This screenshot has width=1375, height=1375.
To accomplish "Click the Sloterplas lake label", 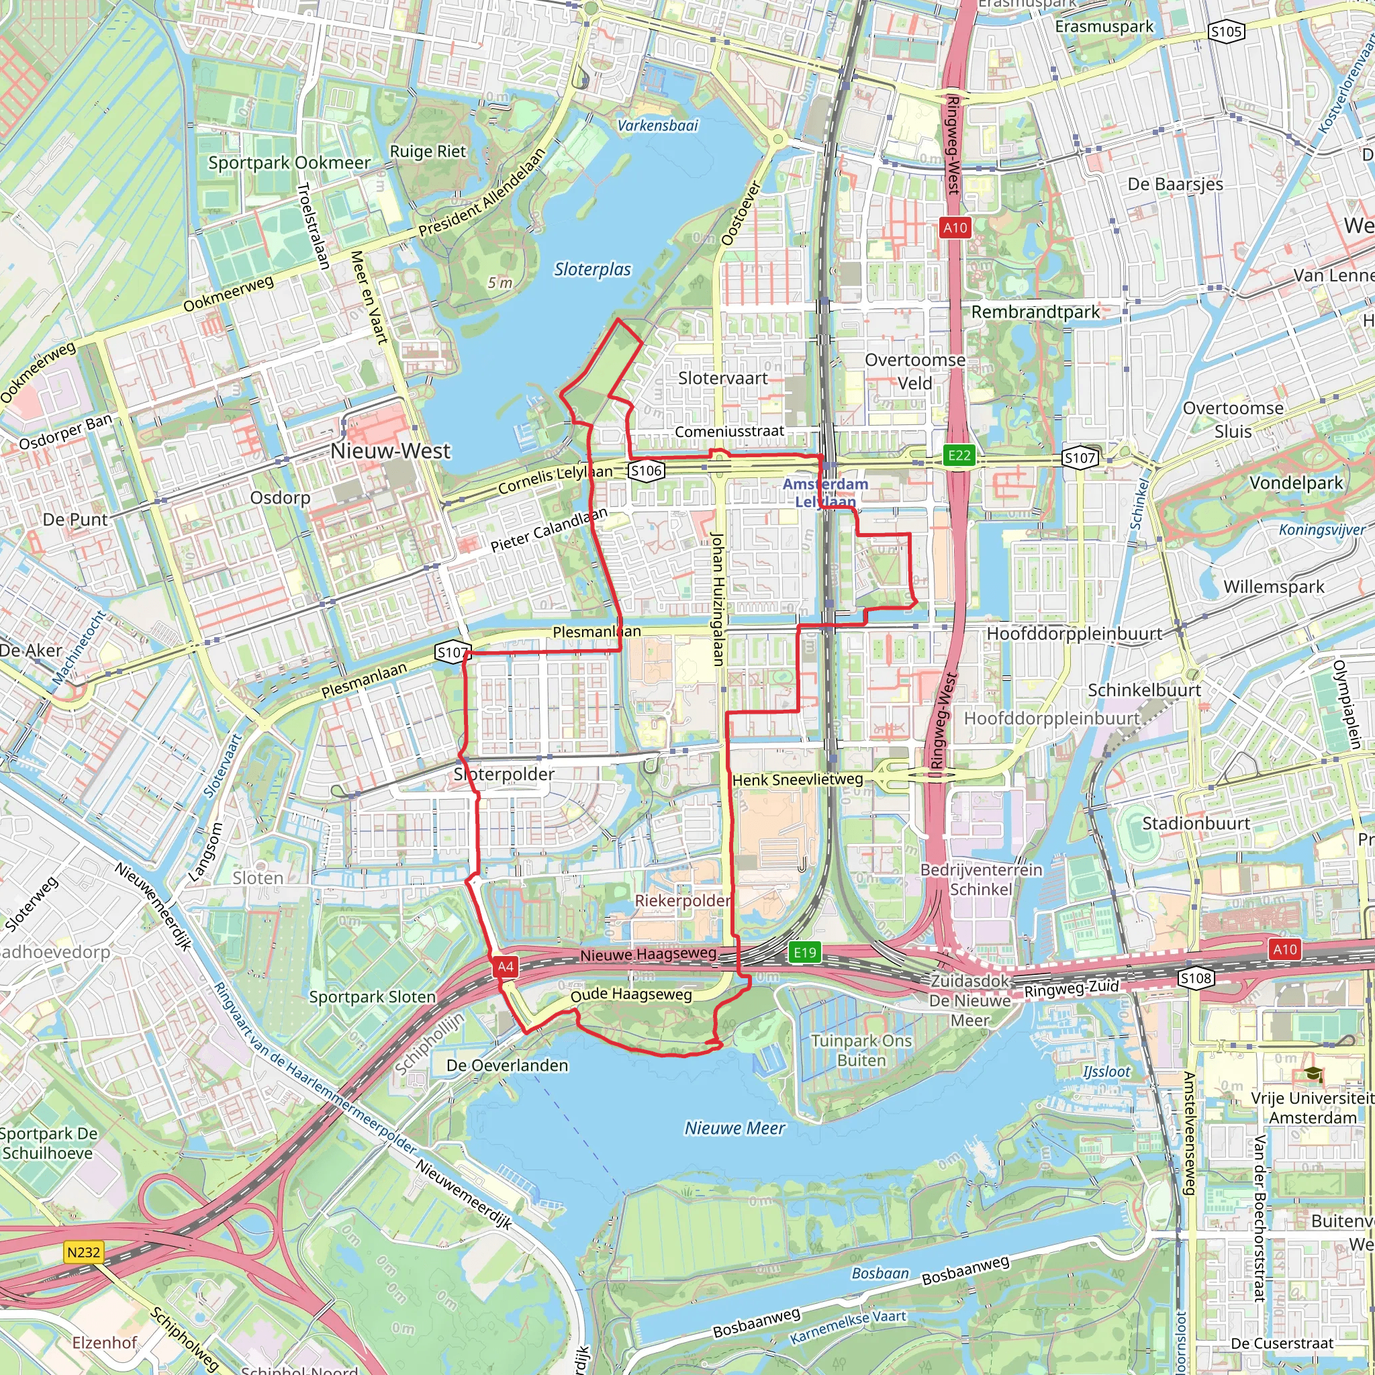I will pos(592,269).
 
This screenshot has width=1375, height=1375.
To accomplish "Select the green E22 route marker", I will pos(959,455).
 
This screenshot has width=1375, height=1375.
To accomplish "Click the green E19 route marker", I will pos(805,952).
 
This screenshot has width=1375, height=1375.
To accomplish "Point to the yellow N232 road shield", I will pos(83,1252).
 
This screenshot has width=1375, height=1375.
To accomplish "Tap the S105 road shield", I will pos(1225,32).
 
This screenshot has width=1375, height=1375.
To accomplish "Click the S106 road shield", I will pos(647,470).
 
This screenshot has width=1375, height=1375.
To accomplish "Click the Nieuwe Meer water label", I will pos(734,1128).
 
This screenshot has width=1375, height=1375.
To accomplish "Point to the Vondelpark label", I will pos(1296,483).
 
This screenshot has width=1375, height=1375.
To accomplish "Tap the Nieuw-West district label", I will pos(390,451).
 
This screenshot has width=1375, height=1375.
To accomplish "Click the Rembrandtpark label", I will pos(1035,312).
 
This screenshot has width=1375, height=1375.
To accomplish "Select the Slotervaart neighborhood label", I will pos(722,378).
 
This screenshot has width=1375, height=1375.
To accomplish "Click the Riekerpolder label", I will pos(682,900).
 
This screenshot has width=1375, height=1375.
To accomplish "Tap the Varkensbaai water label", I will pos(657,126).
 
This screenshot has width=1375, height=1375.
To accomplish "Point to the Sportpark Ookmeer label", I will pos(289,162).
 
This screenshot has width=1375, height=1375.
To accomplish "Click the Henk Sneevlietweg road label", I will pos(797,780).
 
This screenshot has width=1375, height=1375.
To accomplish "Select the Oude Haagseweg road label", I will pos(630,994).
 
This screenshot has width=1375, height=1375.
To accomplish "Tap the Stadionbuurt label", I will pos(1196,823).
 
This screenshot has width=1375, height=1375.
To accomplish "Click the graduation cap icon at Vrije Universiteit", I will pos(1313,1075).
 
